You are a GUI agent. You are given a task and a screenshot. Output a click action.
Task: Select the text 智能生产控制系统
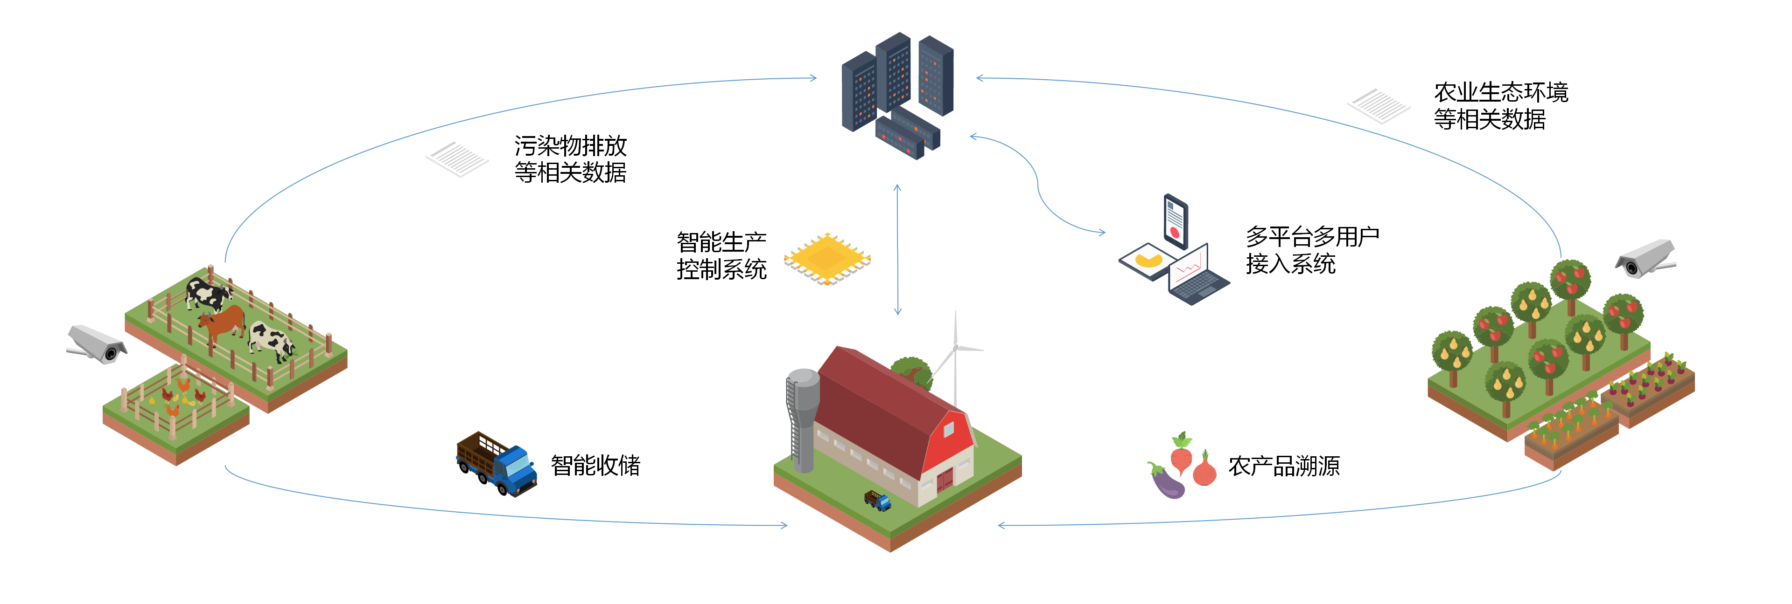point(721,256)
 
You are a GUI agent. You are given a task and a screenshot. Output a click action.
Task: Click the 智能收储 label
point(595,466)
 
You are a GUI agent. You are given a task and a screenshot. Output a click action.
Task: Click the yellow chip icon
point(827,259)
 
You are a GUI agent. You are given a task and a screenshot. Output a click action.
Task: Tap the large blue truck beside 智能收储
point(497,464)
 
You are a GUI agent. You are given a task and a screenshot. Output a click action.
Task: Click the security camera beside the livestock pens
point(98,344)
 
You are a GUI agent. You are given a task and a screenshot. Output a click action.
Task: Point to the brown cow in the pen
point(223,324)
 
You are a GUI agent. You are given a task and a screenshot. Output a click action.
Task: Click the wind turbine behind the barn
point(956,355)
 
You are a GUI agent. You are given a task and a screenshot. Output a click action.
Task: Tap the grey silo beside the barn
point(802,417)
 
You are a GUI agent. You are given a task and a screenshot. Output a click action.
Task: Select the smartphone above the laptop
point(1176,220)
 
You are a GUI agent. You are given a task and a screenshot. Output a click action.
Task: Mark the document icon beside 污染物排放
point(457,159)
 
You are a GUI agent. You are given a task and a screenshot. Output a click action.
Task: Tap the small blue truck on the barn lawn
point(878,500)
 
